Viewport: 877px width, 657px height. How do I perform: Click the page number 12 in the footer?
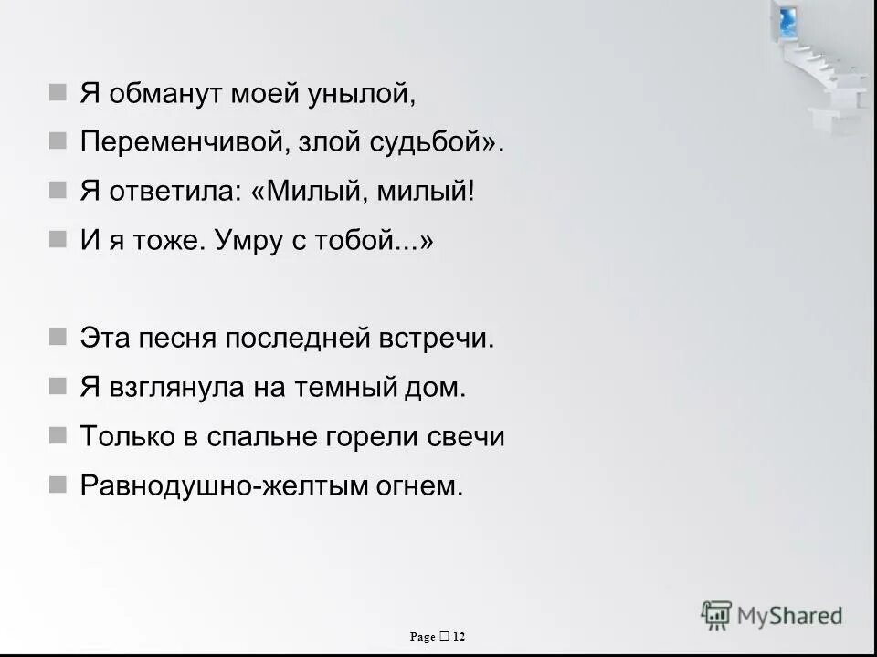click(x=459, y=636)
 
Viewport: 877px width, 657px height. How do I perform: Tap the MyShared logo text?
click(x=790, y=616)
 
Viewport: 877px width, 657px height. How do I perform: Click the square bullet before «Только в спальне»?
click(x=58, y=435)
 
